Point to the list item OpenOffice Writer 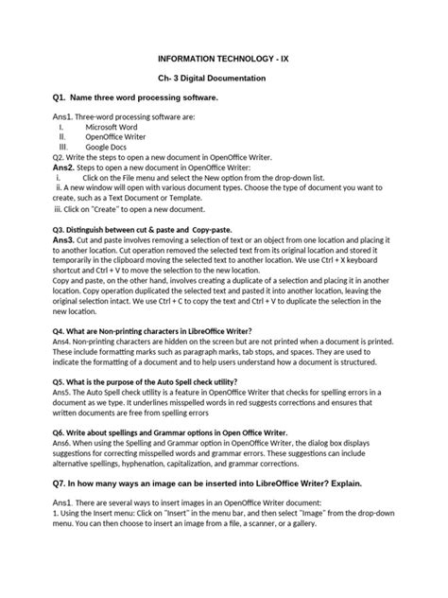coord(120,136)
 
